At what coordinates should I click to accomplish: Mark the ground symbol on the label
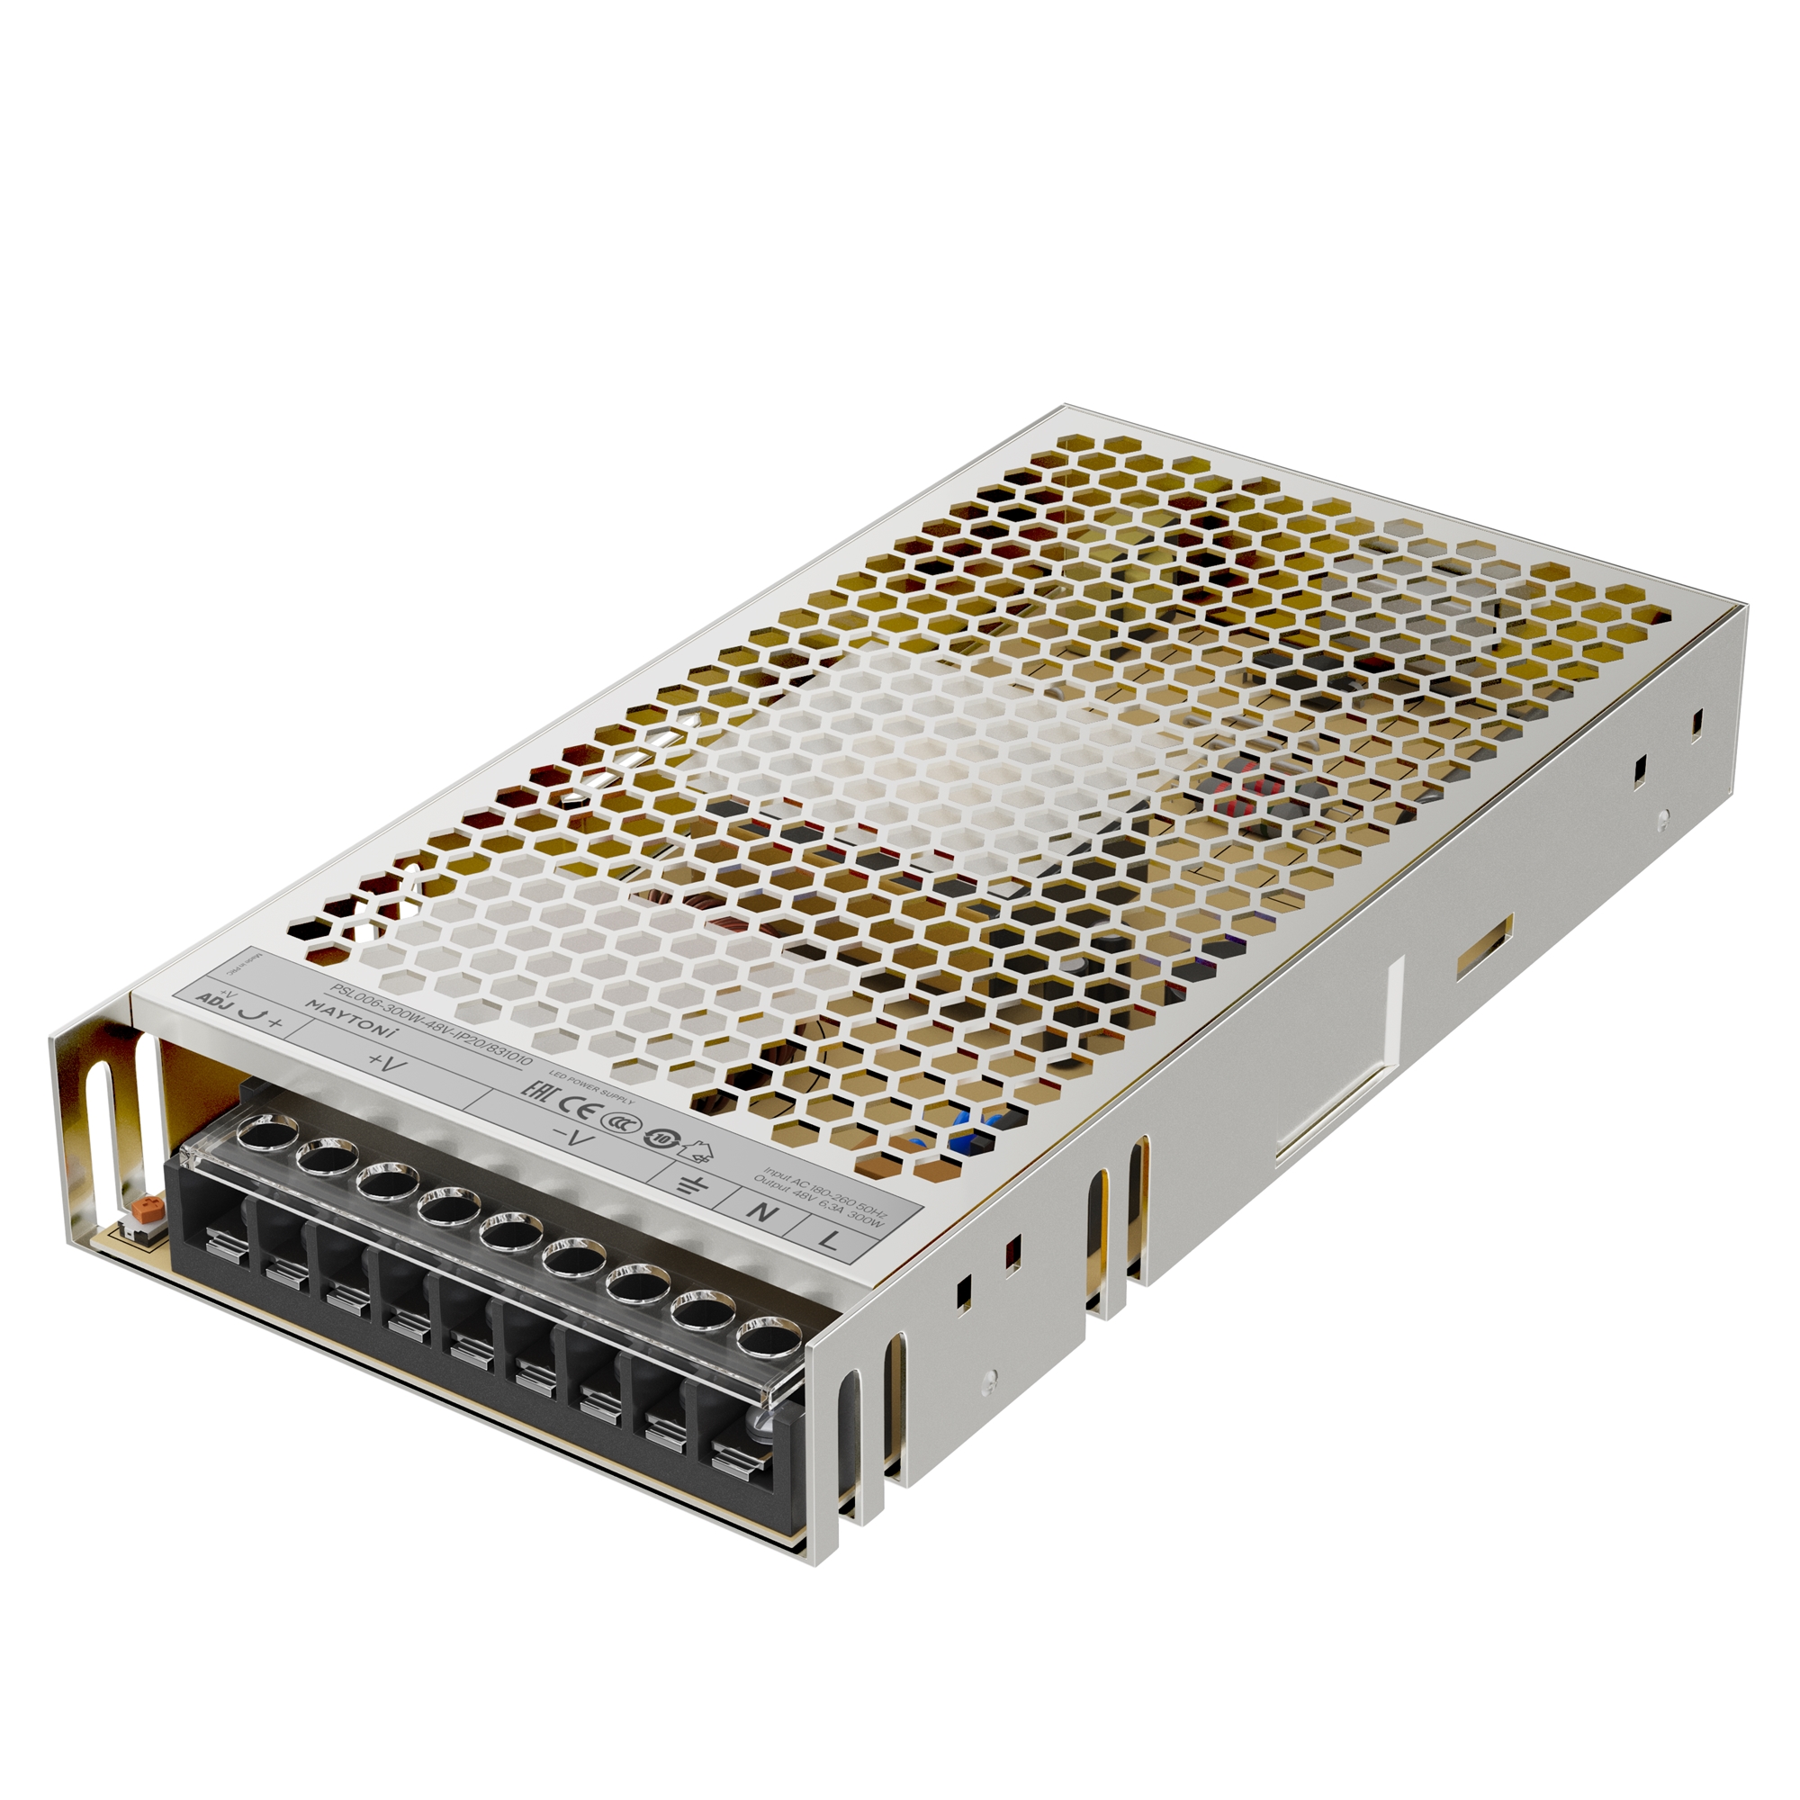pos(691,1184)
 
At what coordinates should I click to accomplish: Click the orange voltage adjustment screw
pos(145,1210)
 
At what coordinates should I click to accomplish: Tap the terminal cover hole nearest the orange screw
pos(263,1136)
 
